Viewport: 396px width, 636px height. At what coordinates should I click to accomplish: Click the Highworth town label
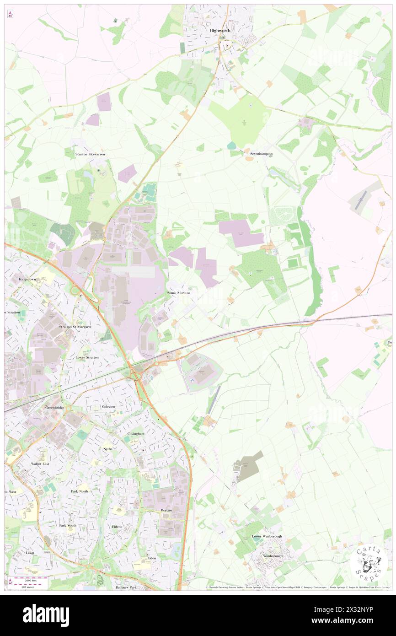(219, 30)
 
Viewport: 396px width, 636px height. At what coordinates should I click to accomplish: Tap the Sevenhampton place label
(261, 154)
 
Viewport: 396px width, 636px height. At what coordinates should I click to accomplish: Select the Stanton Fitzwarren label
(91, 155)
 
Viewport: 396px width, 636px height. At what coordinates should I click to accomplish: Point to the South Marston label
(179, 292)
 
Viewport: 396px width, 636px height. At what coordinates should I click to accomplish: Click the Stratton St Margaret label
(75, 327)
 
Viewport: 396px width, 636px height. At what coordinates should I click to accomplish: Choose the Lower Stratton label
(88, 357)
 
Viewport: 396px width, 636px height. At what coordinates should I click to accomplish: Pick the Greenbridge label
(54, 407)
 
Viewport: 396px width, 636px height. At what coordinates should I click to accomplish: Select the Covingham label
(136, 433)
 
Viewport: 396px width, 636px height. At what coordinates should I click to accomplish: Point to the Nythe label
(108, 449)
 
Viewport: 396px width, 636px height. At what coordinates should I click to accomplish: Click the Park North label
(80, 491)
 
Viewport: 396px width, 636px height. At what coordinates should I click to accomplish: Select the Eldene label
(117, 527)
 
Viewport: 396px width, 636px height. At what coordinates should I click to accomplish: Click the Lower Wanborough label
(267, 536)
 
